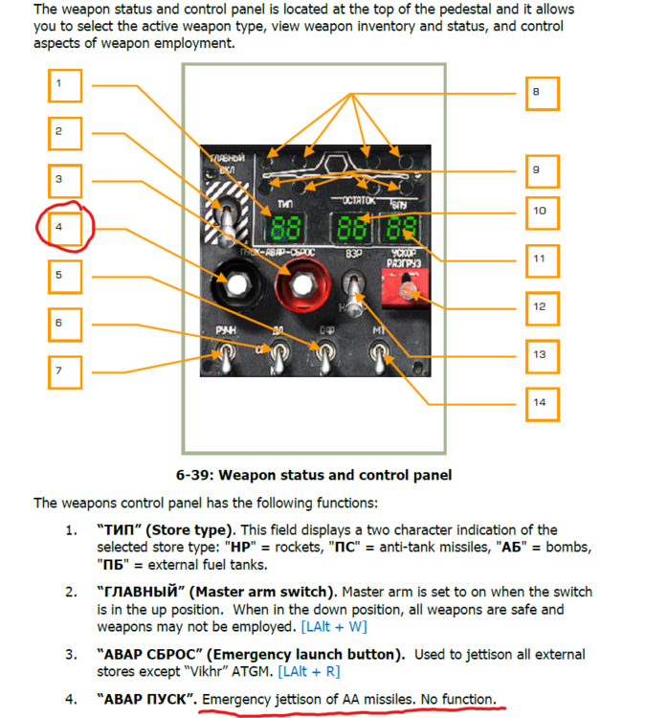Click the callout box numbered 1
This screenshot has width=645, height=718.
coord(65,84)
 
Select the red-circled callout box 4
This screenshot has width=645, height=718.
coord(65,229)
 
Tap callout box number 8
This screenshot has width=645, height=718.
coord(542,93)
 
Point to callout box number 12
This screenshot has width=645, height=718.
coord(542,307)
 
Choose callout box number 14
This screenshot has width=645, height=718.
coord(542,402)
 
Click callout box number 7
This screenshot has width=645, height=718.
coord(65,370)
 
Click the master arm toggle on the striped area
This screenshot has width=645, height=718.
coord(227,215)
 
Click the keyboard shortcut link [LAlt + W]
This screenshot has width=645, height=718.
coord(333,627)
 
